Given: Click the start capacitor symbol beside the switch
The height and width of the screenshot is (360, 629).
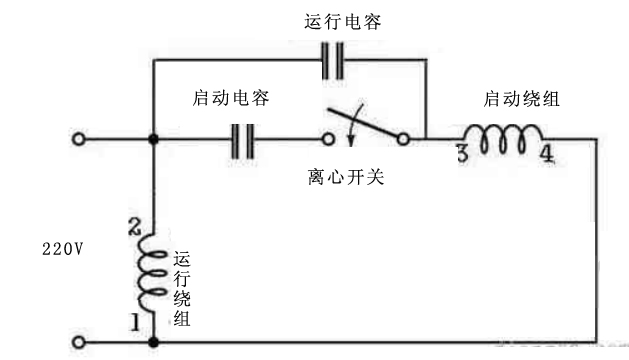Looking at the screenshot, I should pyautogui.click(x=241, y=139).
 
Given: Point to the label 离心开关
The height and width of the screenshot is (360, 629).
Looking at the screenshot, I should pyautogui.click(x=346, y=179).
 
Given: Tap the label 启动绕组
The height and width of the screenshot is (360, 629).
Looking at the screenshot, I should pyautogui.click(x=520, y=100).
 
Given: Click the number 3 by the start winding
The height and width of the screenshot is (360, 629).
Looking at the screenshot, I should pyautogui.click(x=462, y=155).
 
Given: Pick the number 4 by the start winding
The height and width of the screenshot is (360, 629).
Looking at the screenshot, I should pyautogui.click(x=546, y=155).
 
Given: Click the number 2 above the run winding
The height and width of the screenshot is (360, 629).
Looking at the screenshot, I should pyautogui.click(x=135, y=227).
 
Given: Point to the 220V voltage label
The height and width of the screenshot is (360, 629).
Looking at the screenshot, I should pyautogui.click(x=63, y=246).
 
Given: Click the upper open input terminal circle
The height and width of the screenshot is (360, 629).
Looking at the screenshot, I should pyautogui.click(x=78, y=140).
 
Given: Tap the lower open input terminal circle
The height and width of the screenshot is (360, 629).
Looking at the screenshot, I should pyautogui.click(x=78, y=341).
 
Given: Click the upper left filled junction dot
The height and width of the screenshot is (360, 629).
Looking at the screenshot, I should pyautogui.click(x=153, y=140).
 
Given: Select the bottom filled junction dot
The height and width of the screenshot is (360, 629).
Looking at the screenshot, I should pyautogui.click(x=153, y=341).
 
